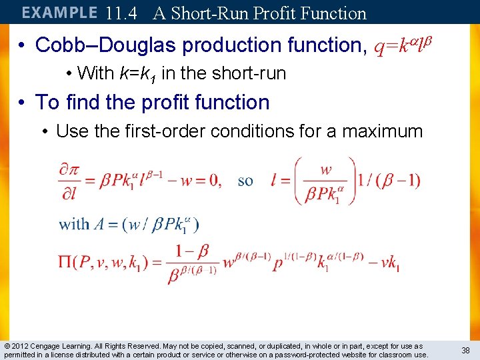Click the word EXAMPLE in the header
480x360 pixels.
pyautogui.click(x=59, y=13)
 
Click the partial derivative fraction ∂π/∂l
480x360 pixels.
pyautogui.click(x=69, y=181)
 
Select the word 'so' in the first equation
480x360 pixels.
pyautogui.click(x=245, y=181)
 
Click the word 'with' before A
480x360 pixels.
pyautogui.click(x=74, y=224)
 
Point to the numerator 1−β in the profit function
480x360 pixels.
pyautogui.click(x=192, y=251)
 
